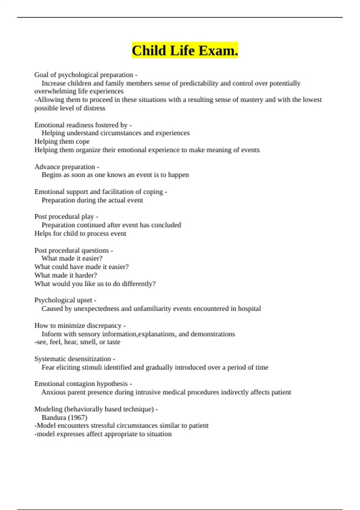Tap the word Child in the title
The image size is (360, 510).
[149, 51]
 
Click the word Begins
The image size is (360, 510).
[51, 175]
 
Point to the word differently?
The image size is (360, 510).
[139, 283]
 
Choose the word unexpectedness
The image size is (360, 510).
[96, 308]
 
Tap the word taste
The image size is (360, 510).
[114, 342]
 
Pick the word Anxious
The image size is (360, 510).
[53, 392]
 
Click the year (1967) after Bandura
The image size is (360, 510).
[78, 417]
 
